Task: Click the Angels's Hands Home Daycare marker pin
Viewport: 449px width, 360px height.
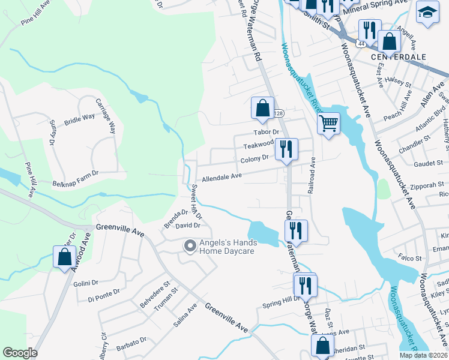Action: click(x=190, y=246)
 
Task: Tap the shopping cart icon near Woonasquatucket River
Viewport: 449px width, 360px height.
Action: click(x=328, y=124)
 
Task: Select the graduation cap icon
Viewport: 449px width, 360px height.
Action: click(x=427, y=13)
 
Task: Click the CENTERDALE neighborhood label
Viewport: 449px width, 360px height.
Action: click(x=398, y=56)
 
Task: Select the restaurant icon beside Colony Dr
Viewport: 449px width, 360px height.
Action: click(x=286, y=149)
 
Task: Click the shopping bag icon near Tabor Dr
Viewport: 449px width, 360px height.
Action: click(x=262, y=109)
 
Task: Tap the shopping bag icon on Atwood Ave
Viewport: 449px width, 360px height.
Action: click(x=64, y=257)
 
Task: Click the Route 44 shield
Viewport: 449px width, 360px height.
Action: click(x=360, y=44)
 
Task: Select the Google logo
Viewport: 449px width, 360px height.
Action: click(x=20, y=352)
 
